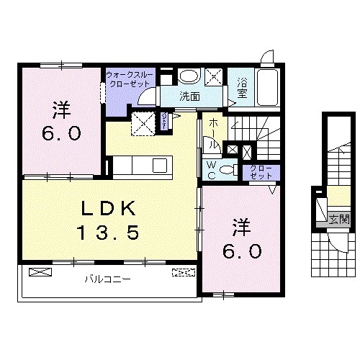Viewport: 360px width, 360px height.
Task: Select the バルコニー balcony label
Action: (107, 278)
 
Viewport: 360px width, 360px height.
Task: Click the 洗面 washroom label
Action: (189, 96)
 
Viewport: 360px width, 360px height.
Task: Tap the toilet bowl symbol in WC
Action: (228, 171)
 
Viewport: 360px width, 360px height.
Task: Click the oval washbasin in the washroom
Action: (189, 76)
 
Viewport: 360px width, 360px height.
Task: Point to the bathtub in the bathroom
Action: (267, 87)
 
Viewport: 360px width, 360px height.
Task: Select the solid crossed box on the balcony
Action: (40, 272)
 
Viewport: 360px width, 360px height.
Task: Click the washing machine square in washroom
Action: (215, 76)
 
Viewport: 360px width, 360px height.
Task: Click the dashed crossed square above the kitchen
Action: (143, 123)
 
